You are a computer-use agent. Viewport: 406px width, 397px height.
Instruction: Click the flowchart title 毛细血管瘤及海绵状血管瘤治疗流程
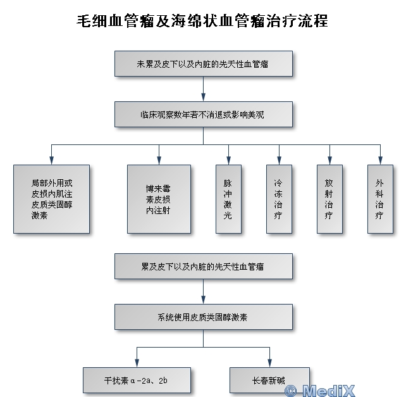202,21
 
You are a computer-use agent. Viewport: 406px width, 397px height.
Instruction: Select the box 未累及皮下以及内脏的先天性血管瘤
204,64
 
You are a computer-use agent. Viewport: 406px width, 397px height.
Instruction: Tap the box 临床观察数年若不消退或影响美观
204,115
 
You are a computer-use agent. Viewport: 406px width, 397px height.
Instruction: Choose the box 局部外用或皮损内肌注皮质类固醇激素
51,199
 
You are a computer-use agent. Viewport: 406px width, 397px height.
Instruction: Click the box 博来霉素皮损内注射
159,199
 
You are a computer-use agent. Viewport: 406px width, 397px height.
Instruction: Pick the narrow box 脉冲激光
229,199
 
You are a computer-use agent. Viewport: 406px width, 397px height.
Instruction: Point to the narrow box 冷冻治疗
279,199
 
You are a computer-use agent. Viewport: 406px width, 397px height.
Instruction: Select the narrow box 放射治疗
329,199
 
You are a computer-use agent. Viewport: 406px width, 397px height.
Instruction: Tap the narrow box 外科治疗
380,199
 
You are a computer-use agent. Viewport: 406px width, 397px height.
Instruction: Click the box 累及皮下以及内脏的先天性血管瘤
204,267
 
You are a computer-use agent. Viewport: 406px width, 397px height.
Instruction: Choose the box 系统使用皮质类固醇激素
204,317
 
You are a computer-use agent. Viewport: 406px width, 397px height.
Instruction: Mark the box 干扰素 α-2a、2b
137,380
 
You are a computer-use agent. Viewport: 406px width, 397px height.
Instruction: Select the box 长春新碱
269,380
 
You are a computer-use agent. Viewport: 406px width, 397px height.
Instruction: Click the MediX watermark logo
319,391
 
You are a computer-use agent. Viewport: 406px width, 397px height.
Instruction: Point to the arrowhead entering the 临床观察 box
204,98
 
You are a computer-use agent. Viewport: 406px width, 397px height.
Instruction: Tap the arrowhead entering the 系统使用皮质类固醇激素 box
204,300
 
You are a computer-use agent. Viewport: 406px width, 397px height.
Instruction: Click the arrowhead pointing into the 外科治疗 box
380,161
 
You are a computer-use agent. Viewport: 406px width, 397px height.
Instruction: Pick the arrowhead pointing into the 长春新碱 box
269,363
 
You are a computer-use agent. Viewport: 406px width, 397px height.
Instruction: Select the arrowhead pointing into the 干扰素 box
137,363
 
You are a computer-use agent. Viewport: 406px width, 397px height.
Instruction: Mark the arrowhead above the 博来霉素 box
159,161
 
